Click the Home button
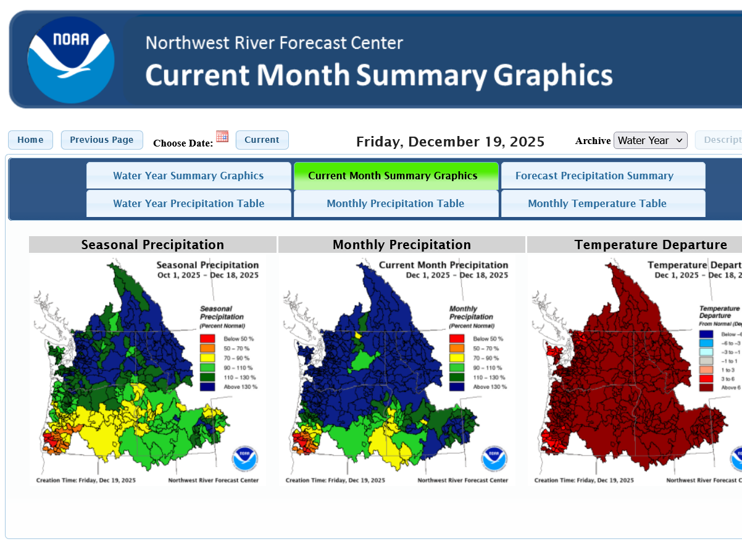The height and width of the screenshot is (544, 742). point(30,140)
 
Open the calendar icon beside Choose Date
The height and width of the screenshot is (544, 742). point(222,137)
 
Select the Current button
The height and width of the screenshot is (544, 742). point(262,140)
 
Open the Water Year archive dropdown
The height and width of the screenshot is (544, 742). point(650,140)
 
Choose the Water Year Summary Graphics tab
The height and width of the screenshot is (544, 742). point(188,176)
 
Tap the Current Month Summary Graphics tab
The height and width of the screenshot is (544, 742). point(396,176)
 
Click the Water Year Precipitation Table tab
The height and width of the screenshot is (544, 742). point(188,203)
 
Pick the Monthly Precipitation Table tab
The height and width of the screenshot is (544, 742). point(396,203)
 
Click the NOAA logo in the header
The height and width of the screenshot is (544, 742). point(70,59)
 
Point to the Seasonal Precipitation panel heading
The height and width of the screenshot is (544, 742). point(152,245)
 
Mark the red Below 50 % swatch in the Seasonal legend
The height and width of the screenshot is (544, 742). point(207,339)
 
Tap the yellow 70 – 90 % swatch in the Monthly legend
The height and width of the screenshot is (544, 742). point(456,358)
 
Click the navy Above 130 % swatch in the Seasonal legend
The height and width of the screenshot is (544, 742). point(207,387)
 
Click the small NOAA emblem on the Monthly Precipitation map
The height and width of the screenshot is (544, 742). point(494,459)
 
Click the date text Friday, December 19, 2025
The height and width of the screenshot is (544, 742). point(450,142)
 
